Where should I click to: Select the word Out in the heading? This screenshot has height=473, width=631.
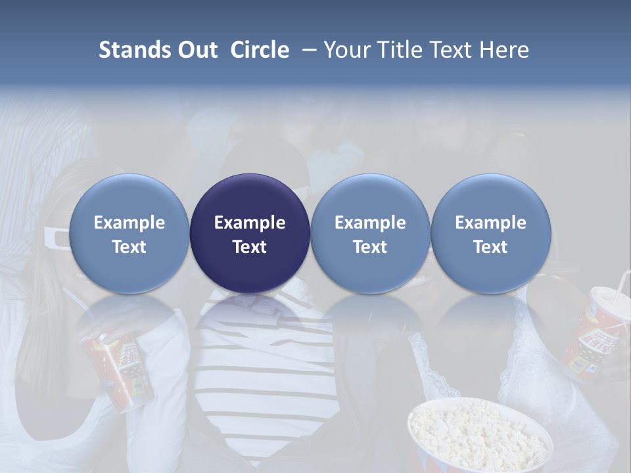pos(197,50)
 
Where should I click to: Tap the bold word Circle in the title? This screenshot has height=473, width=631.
pos(260,50)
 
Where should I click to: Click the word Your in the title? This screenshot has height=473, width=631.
pos(345,50)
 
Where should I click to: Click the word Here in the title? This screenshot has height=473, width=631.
pos(505,50)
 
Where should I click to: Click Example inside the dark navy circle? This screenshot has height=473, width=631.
pos(250,223)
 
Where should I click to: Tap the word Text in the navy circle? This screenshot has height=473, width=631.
pos(250,247)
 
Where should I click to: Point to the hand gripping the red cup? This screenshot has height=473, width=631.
pos(112,328)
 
